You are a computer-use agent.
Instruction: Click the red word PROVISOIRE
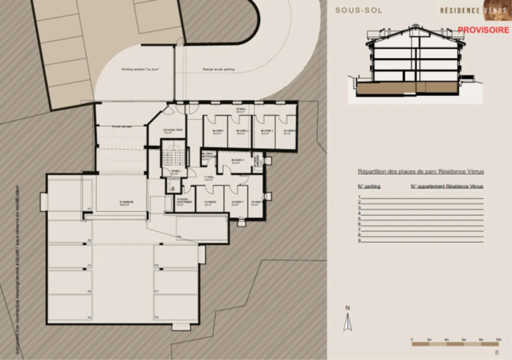tap(483, 30)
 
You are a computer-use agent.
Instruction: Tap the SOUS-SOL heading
tap(359, 10)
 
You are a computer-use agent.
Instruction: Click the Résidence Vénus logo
tap(473, 10)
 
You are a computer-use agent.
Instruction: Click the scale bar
tap(455, 344)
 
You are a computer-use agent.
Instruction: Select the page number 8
tap(497, 353)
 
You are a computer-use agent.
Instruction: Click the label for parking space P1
tap(90, 209)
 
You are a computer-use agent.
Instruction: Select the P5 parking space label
tap(90, 317)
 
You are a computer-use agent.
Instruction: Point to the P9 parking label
tap(179, 237)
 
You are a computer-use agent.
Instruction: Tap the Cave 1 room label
tap(218, 132)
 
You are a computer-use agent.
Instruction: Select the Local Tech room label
tap(173, 131)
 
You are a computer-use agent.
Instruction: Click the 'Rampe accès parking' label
tap(219, 69)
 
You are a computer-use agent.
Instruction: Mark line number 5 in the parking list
tap(360, 219)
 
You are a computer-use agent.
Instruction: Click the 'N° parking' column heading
tap(369, 186)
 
